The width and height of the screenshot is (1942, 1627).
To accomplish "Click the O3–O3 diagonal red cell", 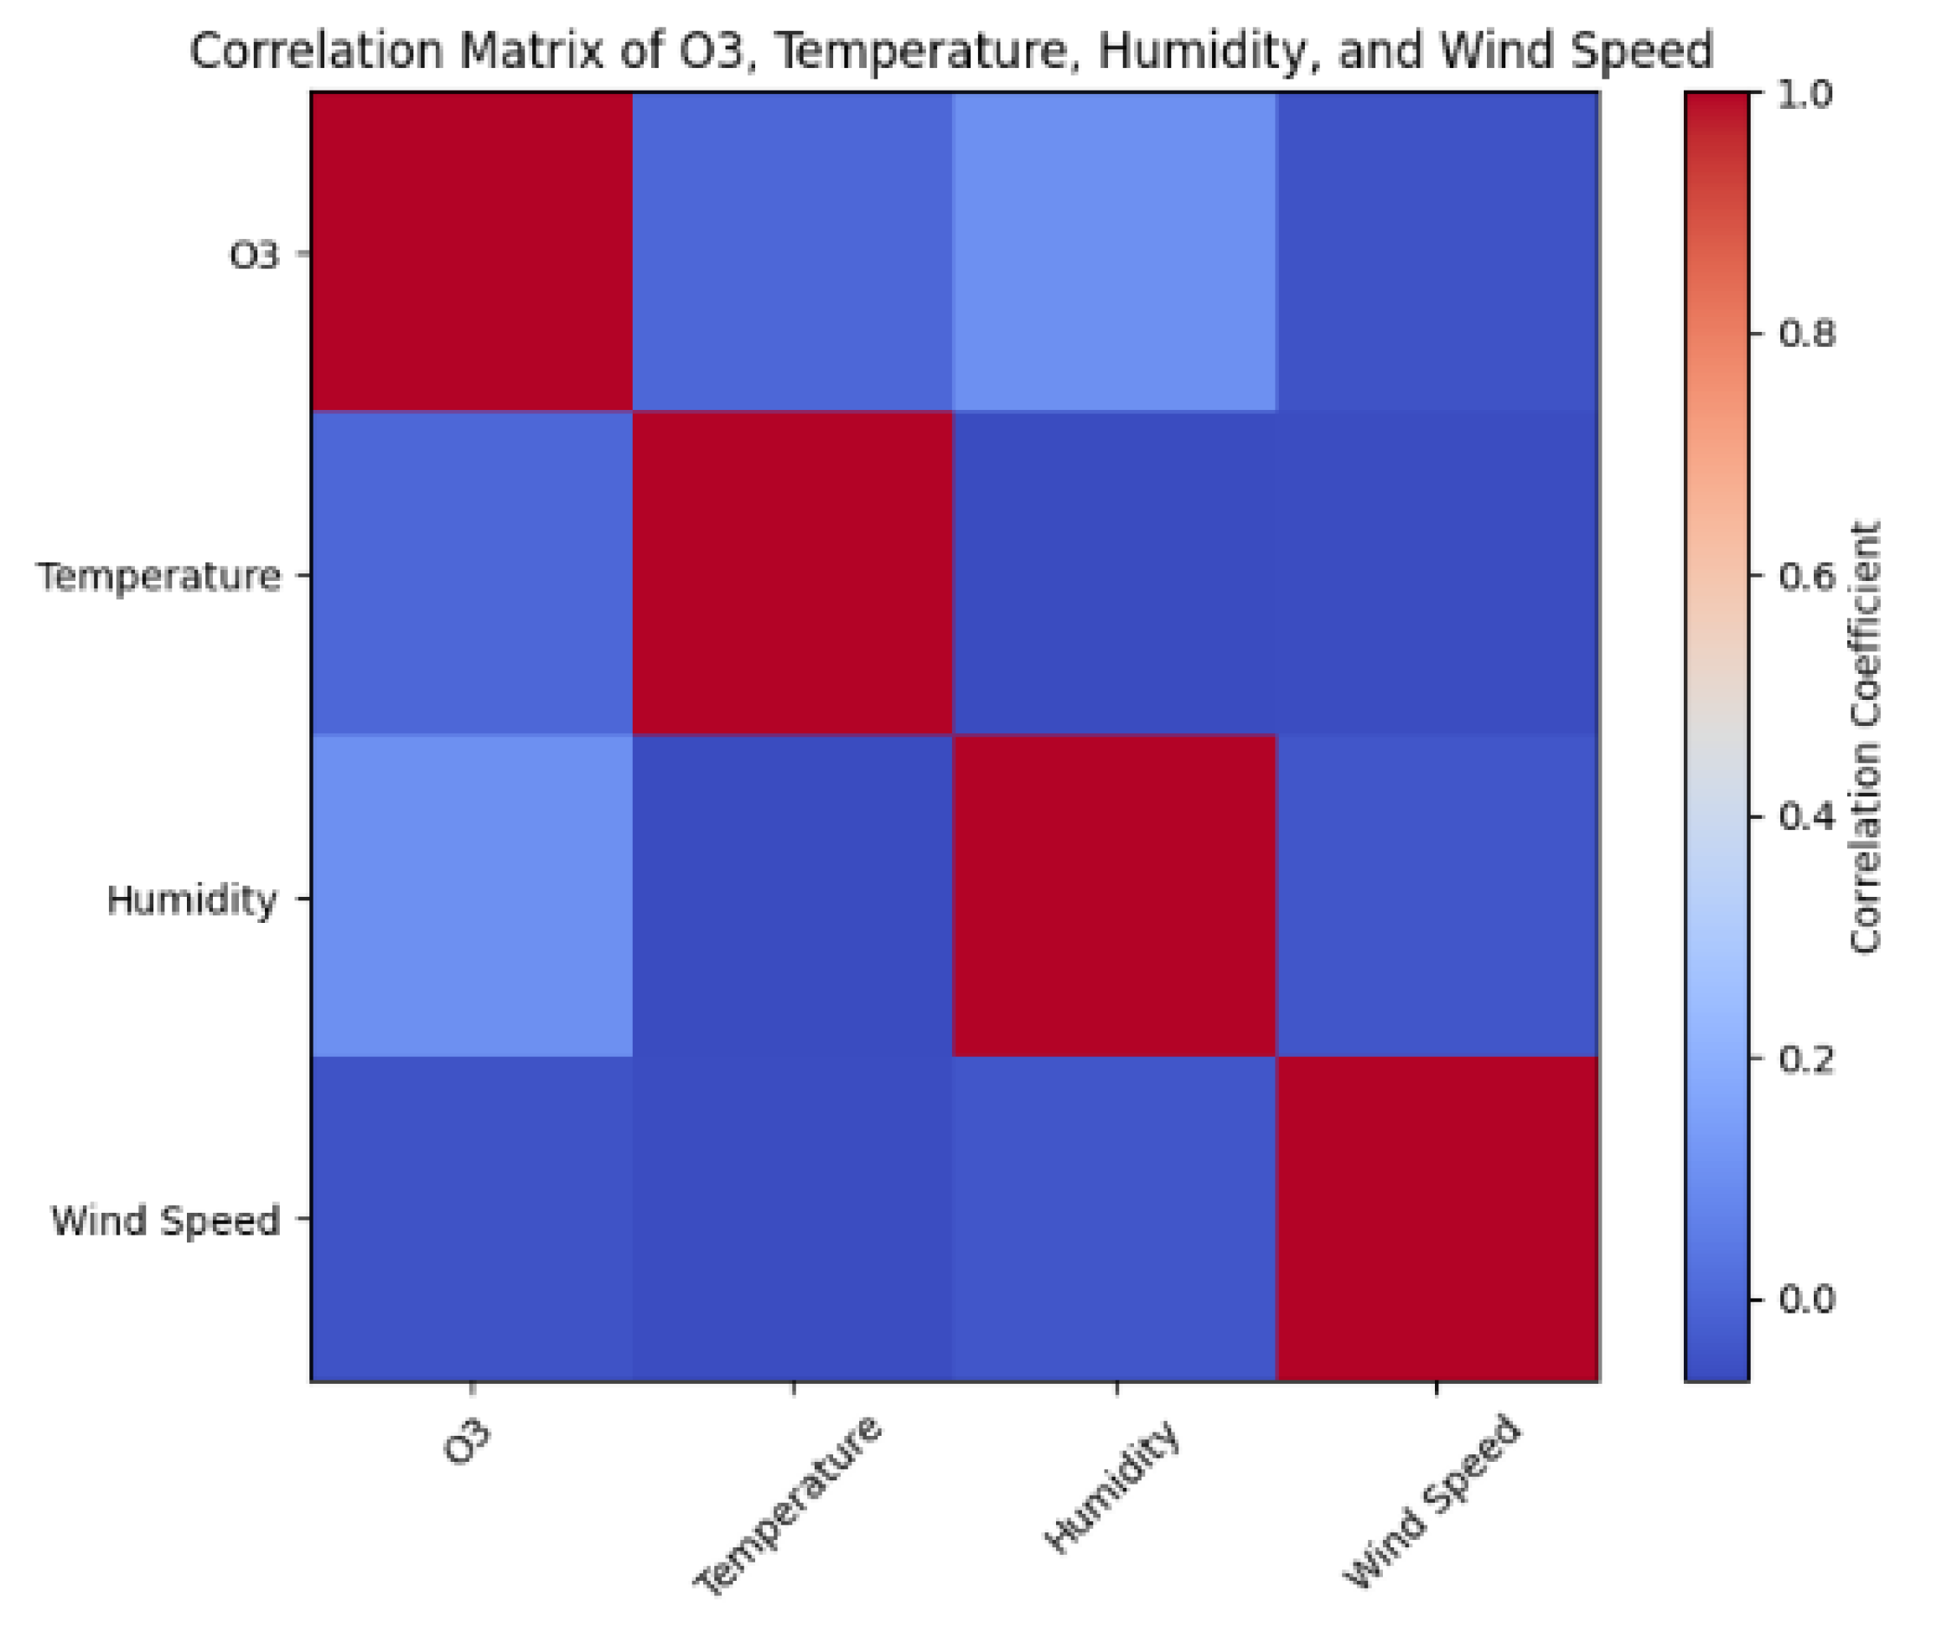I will (472, 251).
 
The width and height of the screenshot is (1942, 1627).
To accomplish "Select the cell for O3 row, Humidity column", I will (1115, 251).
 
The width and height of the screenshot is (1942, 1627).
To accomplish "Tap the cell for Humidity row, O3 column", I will (472, 895).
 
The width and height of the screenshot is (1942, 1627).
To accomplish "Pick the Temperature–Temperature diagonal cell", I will (793, 573).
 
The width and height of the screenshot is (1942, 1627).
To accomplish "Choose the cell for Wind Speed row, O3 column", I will (472, 1218).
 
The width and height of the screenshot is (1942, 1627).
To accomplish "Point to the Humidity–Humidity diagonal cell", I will (1115, 895).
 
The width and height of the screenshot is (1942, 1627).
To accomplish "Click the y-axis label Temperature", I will (159, 575).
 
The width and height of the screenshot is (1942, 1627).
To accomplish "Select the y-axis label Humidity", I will (191, 899).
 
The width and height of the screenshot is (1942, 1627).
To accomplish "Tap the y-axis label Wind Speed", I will (165, 1221).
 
